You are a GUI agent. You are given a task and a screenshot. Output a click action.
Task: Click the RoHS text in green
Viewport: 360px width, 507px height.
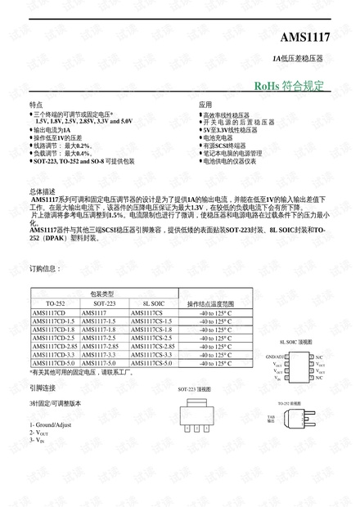click(x=268, y=86)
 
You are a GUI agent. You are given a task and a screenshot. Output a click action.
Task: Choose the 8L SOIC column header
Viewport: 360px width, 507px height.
click(x=152, y=303)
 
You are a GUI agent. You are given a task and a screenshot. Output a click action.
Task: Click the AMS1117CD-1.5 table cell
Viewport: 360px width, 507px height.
click(x=53, y=321)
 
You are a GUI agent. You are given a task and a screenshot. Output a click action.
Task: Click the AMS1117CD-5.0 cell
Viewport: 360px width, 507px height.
click(x=53, y=363)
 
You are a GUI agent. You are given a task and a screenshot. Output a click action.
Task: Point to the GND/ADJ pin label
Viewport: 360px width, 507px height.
click(x=275, y=357)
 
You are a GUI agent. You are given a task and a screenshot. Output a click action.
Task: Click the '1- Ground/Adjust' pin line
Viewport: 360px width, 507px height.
click(x=51, y=425)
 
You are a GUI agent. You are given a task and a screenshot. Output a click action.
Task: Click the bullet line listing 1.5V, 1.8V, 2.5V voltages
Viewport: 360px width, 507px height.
click(x=83, y=121)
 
